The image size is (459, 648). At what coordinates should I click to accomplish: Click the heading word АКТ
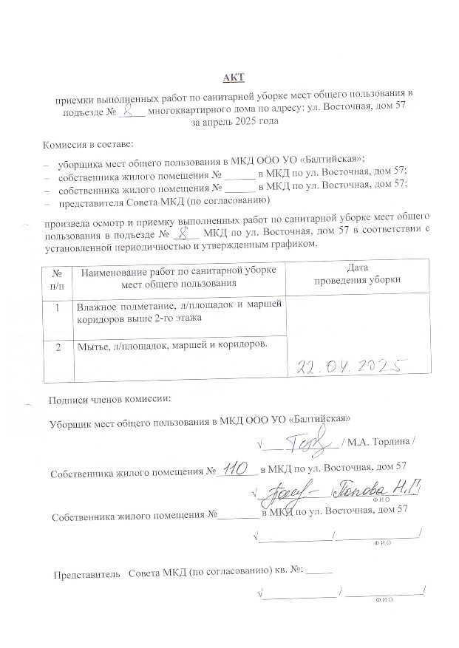point(234,78)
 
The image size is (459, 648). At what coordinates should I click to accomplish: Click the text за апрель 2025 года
point(234,120)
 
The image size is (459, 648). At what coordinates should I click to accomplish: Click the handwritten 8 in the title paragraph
point(131,109)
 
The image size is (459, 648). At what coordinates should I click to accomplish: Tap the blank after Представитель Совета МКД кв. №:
point(319,570)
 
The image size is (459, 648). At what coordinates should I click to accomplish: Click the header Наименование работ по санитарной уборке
point(177,270)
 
